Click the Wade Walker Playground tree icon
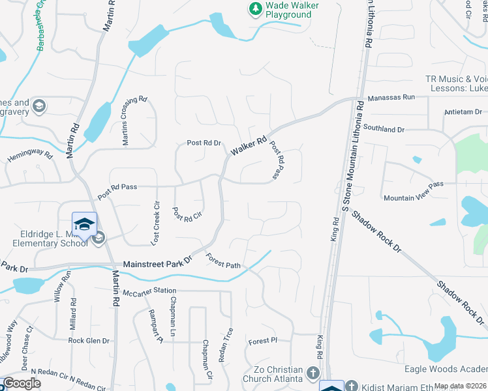coord(254,9)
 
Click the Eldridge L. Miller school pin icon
coord(84,225)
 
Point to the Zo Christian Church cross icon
coord(313,373)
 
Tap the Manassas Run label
coord(391,97)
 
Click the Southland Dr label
coord(389,129)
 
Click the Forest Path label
coord(223,261)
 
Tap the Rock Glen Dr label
coord(89,340)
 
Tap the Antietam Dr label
coord(463,111)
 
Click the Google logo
coord(22,384)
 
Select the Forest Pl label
coord(263,341)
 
